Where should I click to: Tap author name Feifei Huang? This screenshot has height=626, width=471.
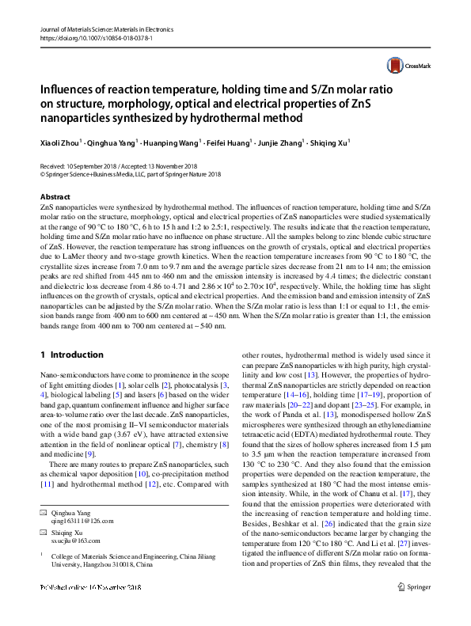[228, 144]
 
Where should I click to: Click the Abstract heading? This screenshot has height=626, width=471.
[54, 195]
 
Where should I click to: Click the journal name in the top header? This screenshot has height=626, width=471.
[105, 28]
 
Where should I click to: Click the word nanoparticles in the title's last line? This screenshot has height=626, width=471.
[78, 118]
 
